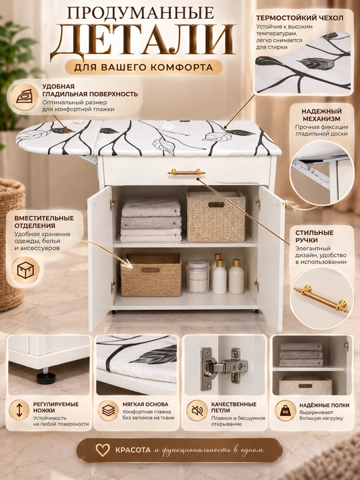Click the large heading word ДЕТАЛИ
point(143,39)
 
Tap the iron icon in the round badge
point(25,97)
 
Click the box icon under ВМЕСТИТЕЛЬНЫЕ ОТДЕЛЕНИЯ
point(25,271)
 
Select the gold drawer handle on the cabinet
point(187,173)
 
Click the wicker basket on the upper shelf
point(216,215)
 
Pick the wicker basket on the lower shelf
point(151,275)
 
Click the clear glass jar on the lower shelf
point(197,277)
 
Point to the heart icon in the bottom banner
point(102,450)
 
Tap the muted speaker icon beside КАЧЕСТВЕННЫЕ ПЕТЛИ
point(197,411)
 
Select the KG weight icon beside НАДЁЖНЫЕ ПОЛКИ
point(285,411)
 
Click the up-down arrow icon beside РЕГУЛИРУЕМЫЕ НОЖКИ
point(19,410)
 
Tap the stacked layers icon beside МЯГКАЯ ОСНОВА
point(109,411)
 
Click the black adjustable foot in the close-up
point(46,377)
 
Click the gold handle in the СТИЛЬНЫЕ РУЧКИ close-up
point(321,299)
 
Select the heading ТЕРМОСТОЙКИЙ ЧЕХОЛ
point(300,18)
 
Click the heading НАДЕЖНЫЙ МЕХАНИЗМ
point(321,115)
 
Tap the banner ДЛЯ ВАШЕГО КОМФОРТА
point(143,67)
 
